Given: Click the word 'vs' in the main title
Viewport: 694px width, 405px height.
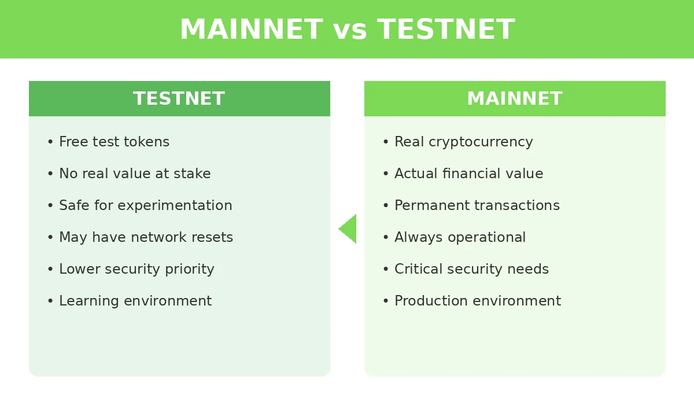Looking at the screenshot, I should click(x=350, y=30).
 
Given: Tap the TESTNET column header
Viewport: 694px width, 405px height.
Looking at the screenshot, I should click(x=179, y=99).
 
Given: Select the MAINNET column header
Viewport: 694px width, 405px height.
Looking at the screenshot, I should click(x=515, y=99).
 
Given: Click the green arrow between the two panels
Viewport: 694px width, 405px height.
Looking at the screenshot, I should click(x=348, y=229).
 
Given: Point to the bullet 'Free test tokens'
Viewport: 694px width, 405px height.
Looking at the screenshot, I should click(x=114, y=142).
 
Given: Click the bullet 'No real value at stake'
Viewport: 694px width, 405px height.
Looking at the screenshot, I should click(x=134, y=174).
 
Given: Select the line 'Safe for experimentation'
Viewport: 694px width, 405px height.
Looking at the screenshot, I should click(x=145, y=206).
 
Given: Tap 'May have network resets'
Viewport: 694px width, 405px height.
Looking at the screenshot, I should click(x=146, y=238).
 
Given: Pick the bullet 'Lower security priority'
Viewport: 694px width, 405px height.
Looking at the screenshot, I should click(x=136, y=270).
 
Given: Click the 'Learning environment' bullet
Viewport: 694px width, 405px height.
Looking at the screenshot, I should click(x=135, y=301).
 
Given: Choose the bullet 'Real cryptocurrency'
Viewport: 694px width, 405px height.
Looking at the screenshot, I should click(x=463, y=142).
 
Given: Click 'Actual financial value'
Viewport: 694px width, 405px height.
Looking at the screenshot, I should click(x=468, y=174).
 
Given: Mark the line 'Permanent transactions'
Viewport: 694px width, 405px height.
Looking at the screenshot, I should click(x=477, y=206).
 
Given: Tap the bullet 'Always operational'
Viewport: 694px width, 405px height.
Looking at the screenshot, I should click(x=460, y=238).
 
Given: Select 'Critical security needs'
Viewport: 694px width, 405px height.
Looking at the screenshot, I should click(x=471, y=270).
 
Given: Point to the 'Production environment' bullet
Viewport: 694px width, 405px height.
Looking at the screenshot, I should click(x=477, y=301).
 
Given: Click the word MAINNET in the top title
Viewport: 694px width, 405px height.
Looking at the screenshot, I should click(x=250, y=30).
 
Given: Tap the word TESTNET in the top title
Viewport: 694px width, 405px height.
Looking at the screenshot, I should click(x=445, y=30).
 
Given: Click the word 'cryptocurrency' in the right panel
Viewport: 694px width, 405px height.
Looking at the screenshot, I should click(x=481, y=142).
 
